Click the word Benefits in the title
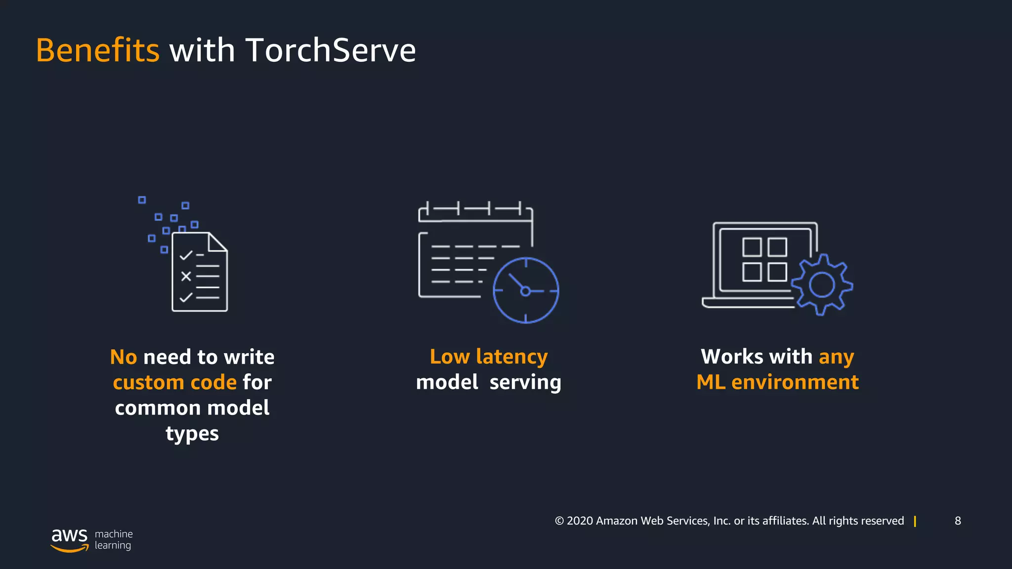[97, 50]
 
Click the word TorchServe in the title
[331, 50]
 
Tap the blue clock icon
[526, 290]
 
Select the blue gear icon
[822, 285]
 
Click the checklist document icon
[200, 272]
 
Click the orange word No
[123, 357]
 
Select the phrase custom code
[174, 382]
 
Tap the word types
[192, 434]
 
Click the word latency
[512, 357]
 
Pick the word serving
[525, 382]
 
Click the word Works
[732, 357]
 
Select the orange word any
[836, 357]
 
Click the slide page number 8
[958, 521]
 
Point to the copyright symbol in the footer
[559, 521]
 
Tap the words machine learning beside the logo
[114, 539]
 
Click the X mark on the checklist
[186, 276]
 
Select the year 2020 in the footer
[580, 521]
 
